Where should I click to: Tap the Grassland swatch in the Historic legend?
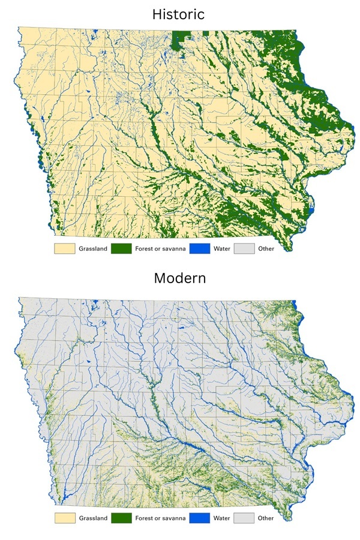tap(64, 248)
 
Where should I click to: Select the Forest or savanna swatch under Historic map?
tap(121, 248)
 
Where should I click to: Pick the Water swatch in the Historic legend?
tap(199, 248)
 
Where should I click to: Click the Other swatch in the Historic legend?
tap(243, 248)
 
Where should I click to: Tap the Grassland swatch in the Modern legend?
tap(64, 518)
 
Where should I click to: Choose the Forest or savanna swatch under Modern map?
tap(121, 518)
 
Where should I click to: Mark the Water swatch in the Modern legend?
tap(199, 518)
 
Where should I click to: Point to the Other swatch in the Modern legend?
tap(243, 518)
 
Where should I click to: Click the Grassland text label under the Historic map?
tap(92, 248)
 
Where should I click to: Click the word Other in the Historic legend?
tap(265, 248)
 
